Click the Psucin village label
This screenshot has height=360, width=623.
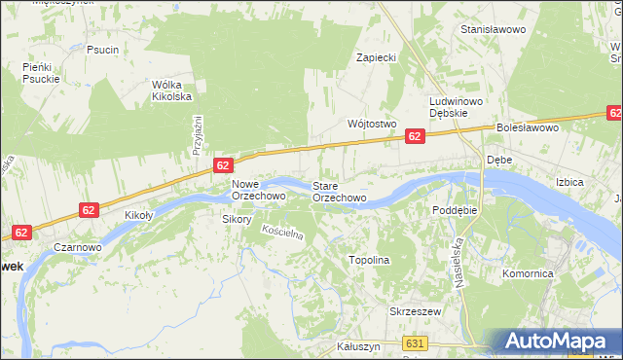tap(102, 50)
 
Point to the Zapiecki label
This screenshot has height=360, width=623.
tap(376, 57)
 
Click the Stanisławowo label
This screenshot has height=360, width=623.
tap(493, 30)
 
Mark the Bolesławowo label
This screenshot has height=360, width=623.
tap(527, 127)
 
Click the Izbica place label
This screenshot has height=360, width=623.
tap(568, 182)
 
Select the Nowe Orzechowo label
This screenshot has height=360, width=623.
tap(258, 190)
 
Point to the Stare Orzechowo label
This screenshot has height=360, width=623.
tap(339, 191)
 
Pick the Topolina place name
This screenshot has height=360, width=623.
tap(369, 261)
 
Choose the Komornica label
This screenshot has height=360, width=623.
tap(528, 274)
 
